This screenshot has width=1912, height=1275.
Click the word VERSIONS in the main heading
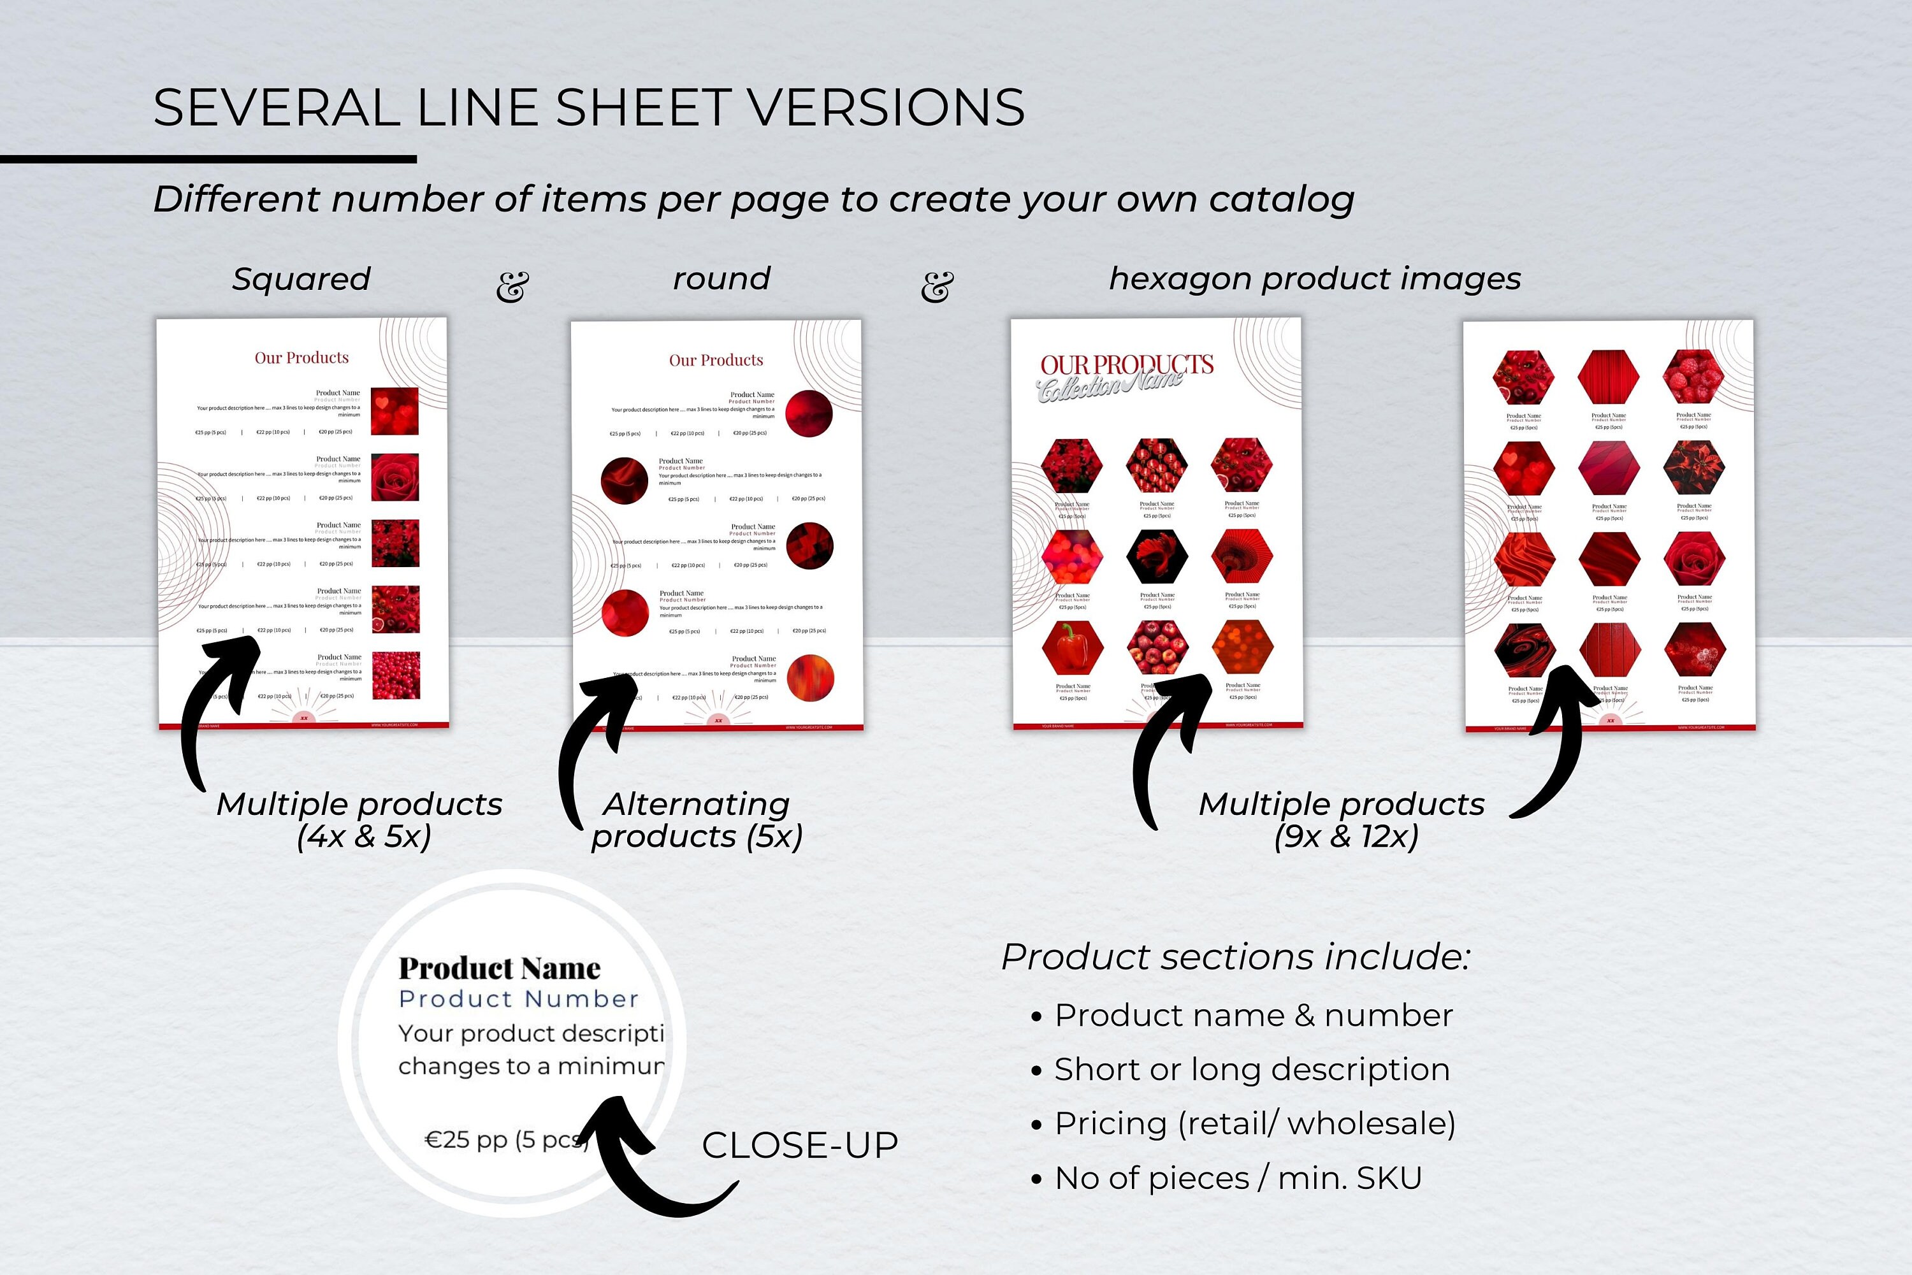pos(885,108)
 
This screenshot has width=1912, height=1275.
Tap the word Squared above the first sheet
pos(301,279)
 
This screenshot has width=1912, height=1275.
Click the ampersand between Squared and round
pos(512,286)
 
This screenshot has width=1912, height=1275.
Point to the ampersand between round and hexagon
pos(937,286)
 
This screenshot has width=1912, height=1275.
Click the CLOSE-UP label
pos(799,1145)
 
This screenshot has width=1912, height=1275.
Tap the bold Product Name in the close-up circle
pos(499,968)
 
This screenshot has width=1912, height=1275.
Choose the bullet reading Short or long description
pos(1252,1069)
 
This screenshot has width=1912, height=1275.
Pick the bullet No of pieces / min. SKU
pos(1238,1178)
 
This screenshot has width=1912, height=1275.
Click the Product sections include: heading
pos(1235,956)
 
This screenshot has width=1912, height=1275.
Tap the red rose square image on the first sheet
pos(395,477)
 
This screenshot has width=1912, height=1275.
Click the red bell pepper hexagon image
pos(1072,647)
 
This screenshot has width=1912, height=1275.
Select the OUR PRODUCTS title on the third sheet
pos(1126,364)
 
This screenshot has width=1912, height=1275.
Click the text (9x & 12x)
pos(1346,836)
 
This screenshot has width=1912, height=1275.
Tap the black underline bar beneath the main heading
pos(208,159)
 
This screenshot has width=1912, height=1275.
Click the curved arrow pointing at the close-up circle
pos(651,1163)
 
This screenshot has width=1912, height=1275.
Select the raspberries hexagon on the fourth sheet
pos(1694,377)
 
